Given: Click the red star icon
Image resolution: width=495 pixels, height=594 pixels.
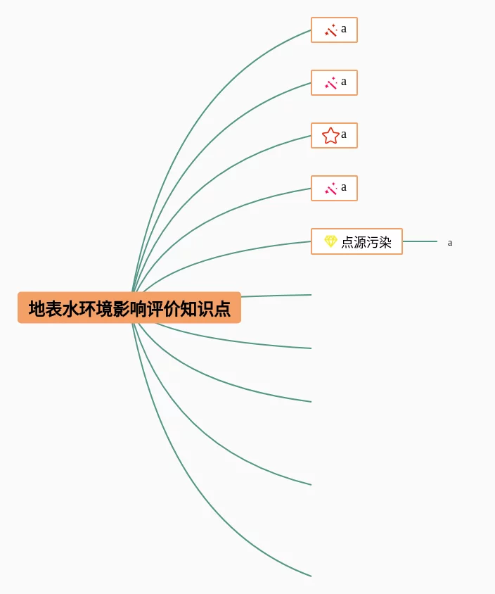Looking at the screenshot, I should coord(330,135).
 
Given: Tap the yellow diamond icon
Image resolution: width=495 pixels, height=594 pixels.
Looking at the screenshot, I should coord(330,241).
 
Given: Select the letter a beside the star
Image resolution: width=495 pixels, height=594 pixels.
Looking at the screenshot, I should coord(344,134).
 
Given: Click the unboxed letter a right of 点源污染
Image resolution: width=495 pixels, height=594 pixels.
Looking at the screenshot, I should coord(450,243).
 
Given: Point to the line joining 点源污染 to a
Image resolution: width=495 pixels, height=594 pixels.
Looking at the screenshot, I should coord(420,241).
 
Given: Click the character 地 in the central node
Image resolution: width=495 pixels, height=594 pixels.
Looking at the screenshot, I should coord(37,309).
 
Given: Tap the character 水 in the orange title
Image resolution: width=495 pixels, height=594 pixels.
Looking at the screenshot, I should coord(71,309).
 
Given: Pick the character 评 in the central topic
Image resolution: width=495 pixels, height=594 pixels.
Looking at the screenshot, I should coord(155,309).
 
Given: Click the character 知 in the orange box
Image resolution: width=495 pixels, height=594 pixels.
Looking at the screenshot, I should coord(188,309).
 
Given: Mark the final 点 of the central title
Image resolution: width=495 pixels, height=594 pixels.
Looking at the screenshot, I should coord(222,309).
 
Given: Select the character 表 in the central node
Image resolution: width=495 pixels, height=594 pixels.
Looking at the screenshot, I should coord(54,309).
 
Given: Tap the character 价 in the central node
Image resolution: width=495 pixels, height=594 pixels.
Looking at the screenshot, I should coord(172,309).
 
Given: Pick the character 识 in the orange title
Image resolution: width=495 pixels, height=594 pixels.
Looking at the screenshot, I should coord(205,309).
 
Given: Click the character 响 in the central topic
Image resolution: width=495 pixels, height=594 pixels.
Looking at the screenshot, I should coord(138,309).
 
